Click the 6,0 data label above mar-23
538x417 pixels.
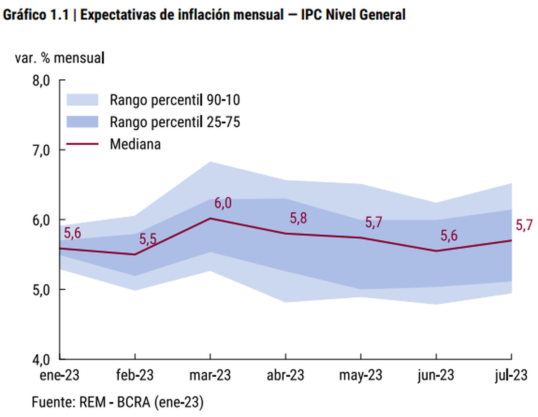click(x=223, y=203)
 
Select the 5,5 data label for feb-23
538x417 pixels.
click(x=148, y=239)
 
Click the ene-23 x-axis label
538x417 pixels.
click(x=60, y=375)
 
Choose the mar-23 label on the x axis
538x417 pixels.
click(x=210, y=375)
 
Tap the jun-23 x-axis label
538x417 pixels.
click(x=436, y=375)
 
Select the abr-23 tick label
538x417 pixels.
click(x=285, y=375)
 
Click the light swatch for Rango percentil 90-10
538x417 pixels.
click(x=82, y=100)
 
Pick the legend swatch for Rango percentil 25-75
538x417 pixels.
click(x=82, y=122)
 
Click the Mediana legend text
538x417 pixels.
click(x=135, y=144)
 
